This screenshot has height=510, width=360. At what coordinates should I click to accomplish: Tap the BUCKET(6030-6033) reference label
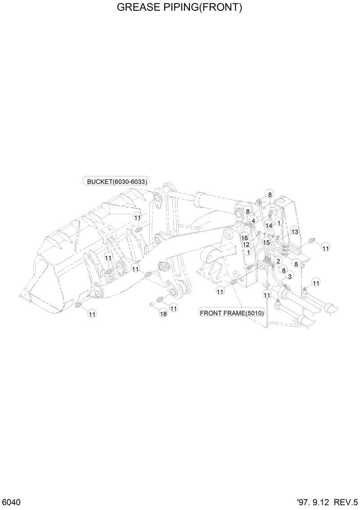tap(116, 181)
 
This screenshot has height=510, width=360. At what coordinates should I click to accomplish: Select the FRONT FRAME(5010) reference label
tap(232, 313)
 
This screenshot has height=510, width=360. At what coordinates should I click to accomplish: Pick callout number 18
tap(163, 314)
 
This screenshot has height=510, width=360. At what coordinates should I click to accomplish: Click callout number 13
tap(295, 231)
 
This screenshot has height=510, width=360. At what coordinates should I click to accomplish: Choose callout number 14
tap(269, 225)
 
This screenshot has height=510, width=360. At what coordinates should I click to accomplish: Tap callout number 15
tap(266, 242)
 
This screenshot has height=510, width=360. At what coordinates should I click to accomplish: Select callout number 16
tap(244, 238)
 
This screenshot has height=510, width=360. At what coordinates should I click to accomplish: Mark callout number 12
tap(246, 244)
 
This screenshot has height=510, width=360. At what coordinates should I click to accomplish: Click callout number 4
tap(254, 221)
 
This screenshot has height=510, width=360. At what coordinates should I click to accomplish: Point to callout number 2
tap(278, 261)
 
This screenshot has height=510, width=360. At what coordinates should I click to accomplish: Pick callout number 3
tap(290, 276)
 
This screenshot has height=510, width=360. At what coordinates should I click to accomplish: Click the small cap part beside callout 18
tap(152, 305)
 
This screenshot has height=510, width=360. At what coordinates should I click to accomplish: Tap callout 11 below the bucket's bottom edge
tap(92, 314)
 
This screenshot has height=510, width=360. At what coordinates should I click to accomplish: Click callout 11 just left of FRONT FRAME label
tap(220, 292)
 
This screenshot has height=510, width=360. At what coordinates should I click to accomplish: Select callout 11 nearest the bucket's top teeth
tap(137, 217)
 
